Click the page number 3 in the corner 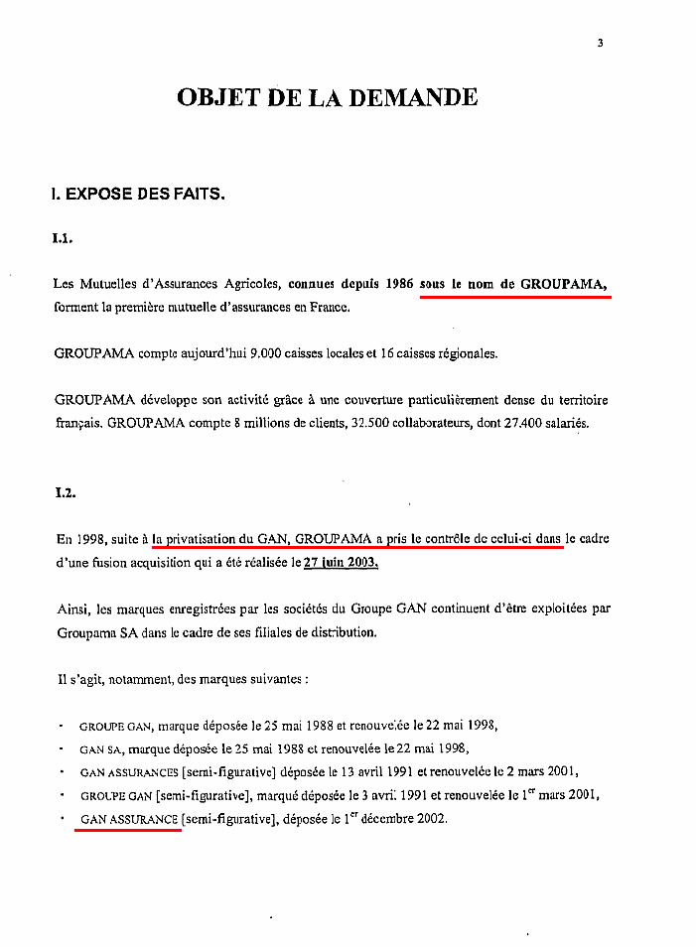pyautogui.click(x=601, y=43)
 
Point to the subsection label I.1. pyautogui.click(x=64, y=238)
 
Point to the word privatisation pyautogui.click(x=202, y=540)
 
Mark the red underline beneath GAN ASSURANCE pyautogui.click(x=128, y=831)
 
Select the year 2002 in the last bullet pyautogui.click(x=431, y=819)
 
